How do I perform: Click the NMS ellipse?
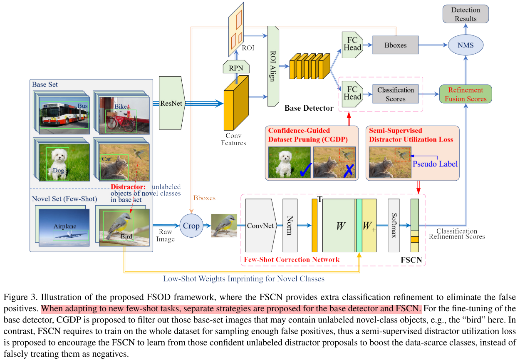(465, 45)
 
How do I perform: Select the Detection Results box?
(465, 15)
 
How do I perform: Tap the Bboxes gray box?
(395, 45)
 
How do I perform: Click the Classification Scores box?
(395, 94)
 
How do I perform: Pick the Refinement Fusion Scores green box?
(466, 94)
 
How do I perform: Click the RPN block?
(236, 67)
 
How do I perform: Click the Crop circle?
(191, 226)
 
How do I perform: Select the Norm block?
(290, 226)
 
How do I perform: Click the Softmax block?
(394, 226)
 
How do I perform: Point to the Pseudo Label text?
(435, 164)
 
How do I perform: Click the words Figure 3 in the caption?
(17, 298)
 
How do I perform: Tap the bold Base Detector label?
(309, 108)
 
